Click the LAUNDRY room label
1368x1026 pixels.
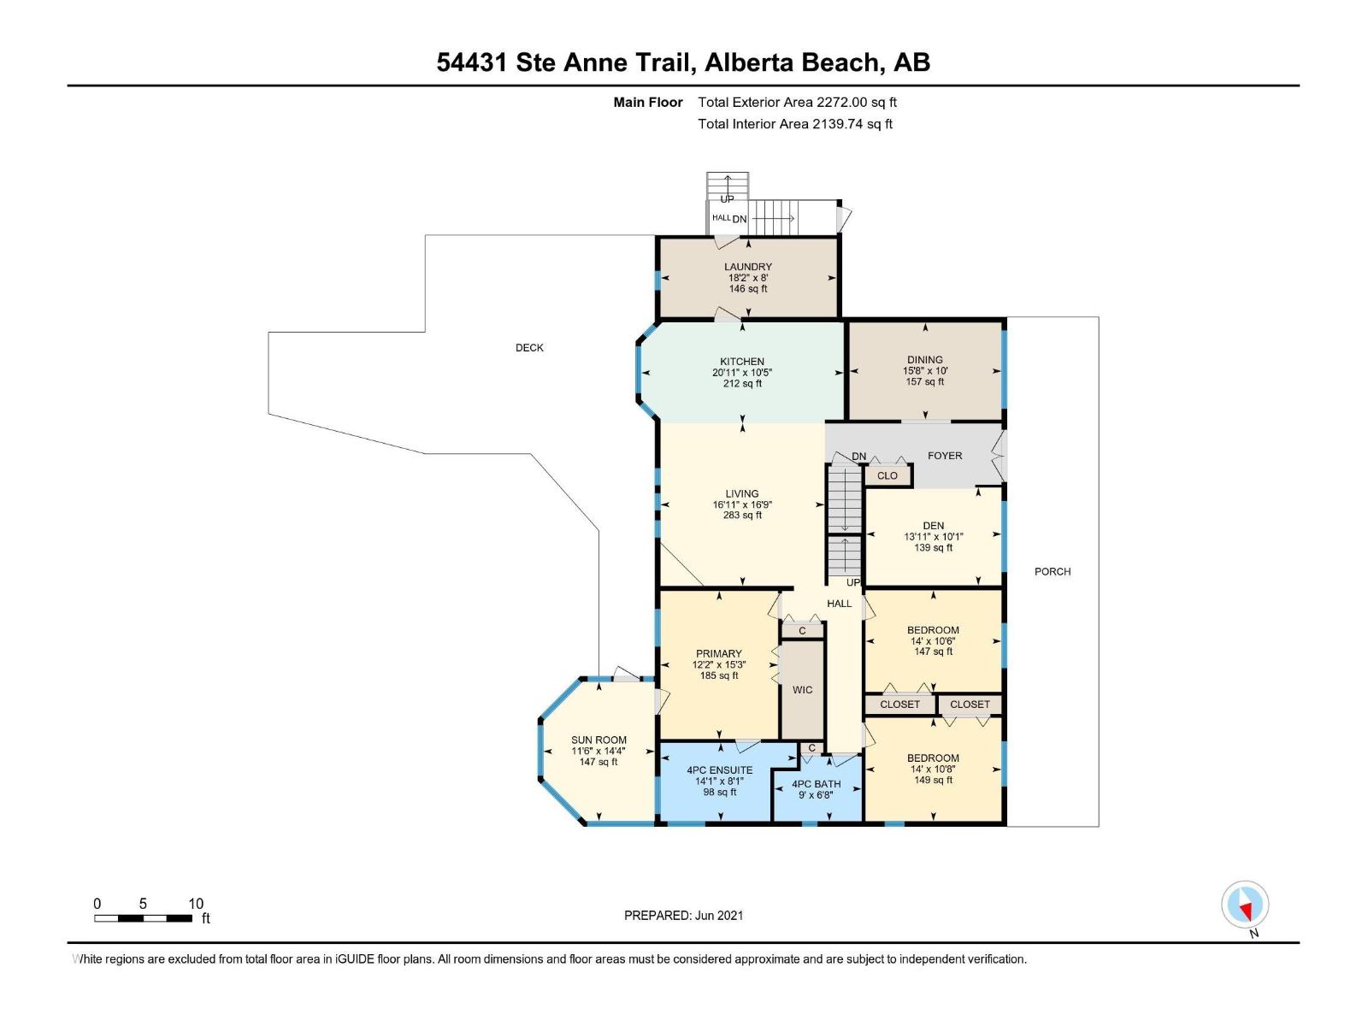tap(747, 267)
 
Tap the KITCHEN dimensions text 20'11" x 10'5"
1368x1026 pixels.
tap(742, 373)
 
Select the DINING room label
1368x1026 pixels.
tap(924, 360)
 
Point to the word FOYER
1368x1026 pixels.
tap(945, 456)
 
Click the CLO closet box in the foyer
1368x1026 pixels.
tap(887, 475)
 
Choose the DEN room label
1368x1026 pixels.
tap(933, 526)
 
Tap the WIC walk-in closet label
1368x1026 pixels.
tap(802, 690)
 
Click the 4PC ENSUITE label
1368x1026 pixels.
tap(720, 770)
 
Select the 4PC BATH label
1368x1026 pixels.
tap(816, 784)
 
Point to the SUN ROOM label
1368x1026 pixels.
tap(598, 740)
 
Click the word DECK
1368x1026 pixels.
tap(529, 348)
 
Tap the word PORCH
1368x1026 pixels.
tap(1053, 572)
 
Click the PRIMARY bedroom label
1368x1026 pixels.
tap(718, 654)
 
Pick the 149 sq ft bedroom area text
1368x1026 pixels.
tap(933, 780)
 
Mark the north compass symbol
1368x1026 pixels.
tap(1245, 905)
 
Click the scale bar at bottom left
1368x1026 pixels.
tap(143, 918)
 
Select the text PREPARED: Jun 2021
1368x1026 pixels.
tap(683, 916)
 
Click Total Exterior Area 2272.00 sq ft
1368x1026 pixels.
tap(797, 102)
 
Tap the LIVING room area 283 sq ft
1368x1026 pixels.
tap(742, 516)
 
